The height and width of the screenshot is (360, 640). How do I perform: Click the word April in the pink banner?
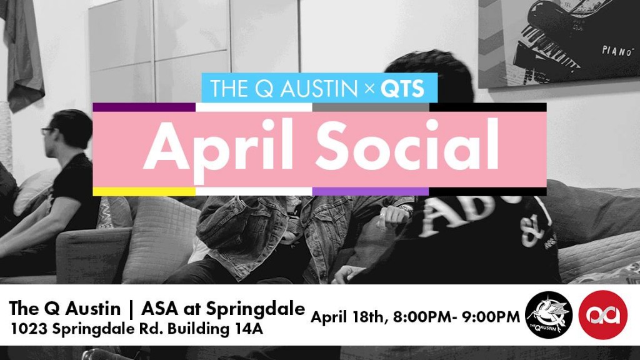pos(218,148)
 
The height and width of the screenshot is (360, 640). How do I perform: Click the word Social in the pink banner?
pos(407,145)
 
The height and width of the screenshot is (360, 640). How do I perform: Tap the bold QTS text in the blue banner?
pos(402,89)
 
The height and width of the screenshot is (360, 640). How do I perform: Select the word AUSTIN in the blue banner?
pos(319,89)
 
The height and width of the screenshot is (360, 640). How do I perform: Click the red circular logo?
pos(603,315)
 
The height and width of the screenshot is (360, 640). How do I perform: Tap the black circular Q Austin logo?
pos(549,315)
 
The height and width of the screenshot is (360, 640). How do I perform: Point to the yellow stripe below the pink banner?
pos(144,191)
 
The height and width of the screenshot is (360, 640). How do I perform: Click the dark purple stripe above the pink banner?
pos(144,107)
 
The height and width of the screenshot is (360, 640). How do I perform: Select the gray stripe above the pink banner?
pos(371,107)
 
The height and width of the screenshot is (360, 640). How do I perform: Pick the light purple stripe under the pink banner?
pos(371,191)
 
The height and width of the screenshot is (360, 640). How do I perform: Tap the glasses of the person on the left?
pos(47,131)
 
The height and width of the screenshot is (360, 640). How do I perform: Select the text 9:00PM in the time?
pos(491,317)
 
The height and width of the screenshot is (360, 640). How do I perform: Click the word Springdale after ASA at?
pos(255,309)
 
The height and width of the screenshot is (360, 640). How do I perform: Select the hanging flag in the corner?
pos(22,53)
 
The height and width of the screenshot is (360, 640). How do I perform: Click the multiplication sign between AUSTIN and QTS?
pos(369,89)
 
